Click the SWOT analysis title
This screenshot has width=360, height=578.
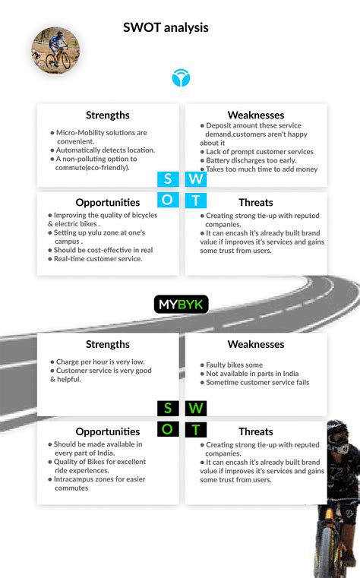(x=166, y=27)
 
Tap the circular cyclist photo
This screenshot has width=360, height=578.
(x=55, y=50)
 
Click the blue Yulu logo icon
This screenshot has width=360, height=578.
(x=181, y=77)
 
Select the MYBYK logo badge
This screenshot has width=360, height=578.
(x=181, y=305)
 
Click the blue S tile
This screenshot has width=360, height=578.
(x=167, y=179)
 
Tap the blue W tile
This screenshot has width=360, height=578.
(x=195, y=179)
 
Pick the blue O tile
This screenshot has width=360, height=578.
(x=167, y=201)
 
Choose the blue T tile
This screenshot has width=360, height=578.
(x=195, y=201)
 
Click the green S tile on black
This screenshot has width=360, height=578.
(x=167, y=409)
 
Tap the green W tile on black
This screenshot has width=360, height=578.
(x=195, y=409)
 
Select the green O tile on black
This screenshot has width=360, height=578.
(x=167, y=430)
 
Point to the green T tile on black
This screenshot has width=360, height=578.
(x=195, y=430)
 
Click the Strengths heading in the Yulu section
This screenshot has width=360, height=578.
(x=108, y=115)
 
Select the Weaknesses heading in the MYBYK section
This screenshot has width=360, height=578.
(x=256, y=344)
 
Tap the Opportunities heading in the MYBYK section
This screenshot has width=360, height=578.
(x=108, y=431)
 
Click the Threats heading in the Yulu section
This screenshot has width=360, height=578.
(x=256, y=203)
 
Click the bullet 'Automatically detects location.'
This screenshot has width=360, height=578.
(x=105, y=150)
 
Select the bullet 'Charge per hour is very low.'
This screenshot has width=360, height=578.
(x=100, y=362)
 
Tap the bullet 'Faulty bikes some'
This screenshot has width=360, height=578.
(x=234, y=365)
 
